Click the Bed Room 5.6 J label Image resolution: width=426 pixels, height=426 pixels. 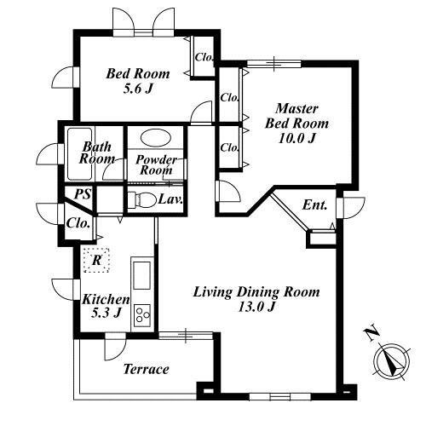click(138, 81)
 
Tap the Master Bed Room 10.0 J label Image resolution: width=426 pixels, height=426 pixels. click(296, 124)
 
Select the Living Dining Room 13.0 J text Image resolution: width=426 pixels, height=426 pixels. click(256, 299)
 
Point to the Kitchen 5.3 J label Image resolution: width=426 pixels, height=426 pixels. click(106, 306)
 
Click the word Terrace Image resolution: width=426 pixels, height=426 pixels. click(147, 369)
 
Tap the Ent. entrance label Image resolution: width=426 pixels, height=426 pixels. click(314, 204)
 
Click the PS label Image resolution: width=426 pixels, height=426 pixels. click(83, 194)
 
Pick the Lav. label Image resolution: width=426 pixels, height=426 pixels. click(170, 199)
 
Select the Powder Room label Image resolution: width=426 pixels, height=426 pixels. click(156, 164)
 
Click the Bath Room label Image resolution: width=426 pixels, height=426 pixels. click(97, 153)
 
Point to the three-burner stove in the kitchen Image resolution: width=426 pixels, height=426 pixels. click(142, 315)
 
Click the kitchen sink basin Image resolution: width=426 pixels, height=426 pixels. click(142, 275)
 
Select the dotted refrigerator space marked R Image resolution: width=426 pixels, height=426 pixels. click(96, 260)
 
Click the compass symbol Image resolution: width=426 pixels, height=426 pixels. click(391, 362)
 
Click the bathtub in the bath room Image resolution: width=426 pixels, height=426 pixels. click(80, 153)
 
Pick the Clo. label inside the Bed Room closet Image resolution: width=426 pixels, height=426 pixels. click(204, 57)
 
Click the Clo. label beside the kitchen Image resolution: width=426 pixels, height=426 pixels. click(78, 223)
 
